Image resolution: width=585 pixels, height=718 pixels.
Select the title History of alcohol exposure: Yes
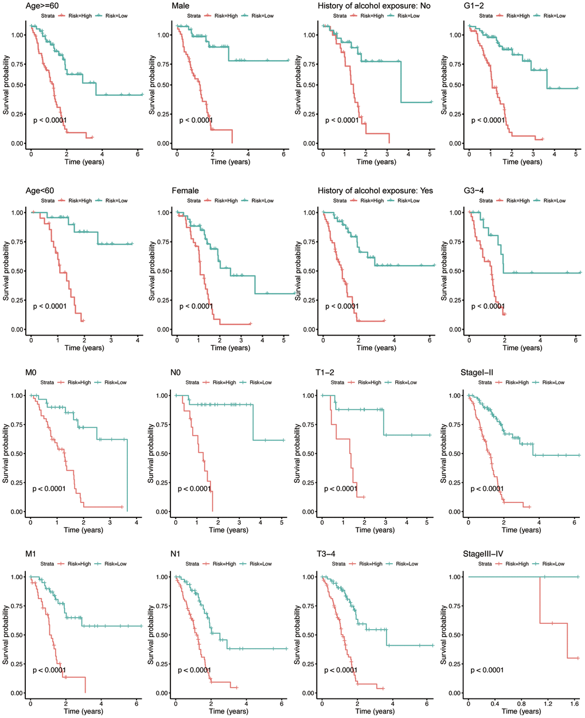[375, 190]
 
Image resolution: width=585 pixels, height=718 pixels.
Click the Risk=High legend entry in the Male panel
[226, 15]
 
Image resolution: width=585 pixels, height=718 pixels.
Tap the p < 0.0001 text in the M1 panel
[49, 670]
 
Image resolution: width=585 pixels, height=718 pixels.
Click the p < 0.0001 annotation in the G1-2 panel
[488, 120]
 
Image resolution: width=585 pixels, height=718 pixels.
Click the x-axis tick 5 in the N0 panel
[282, 521]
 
